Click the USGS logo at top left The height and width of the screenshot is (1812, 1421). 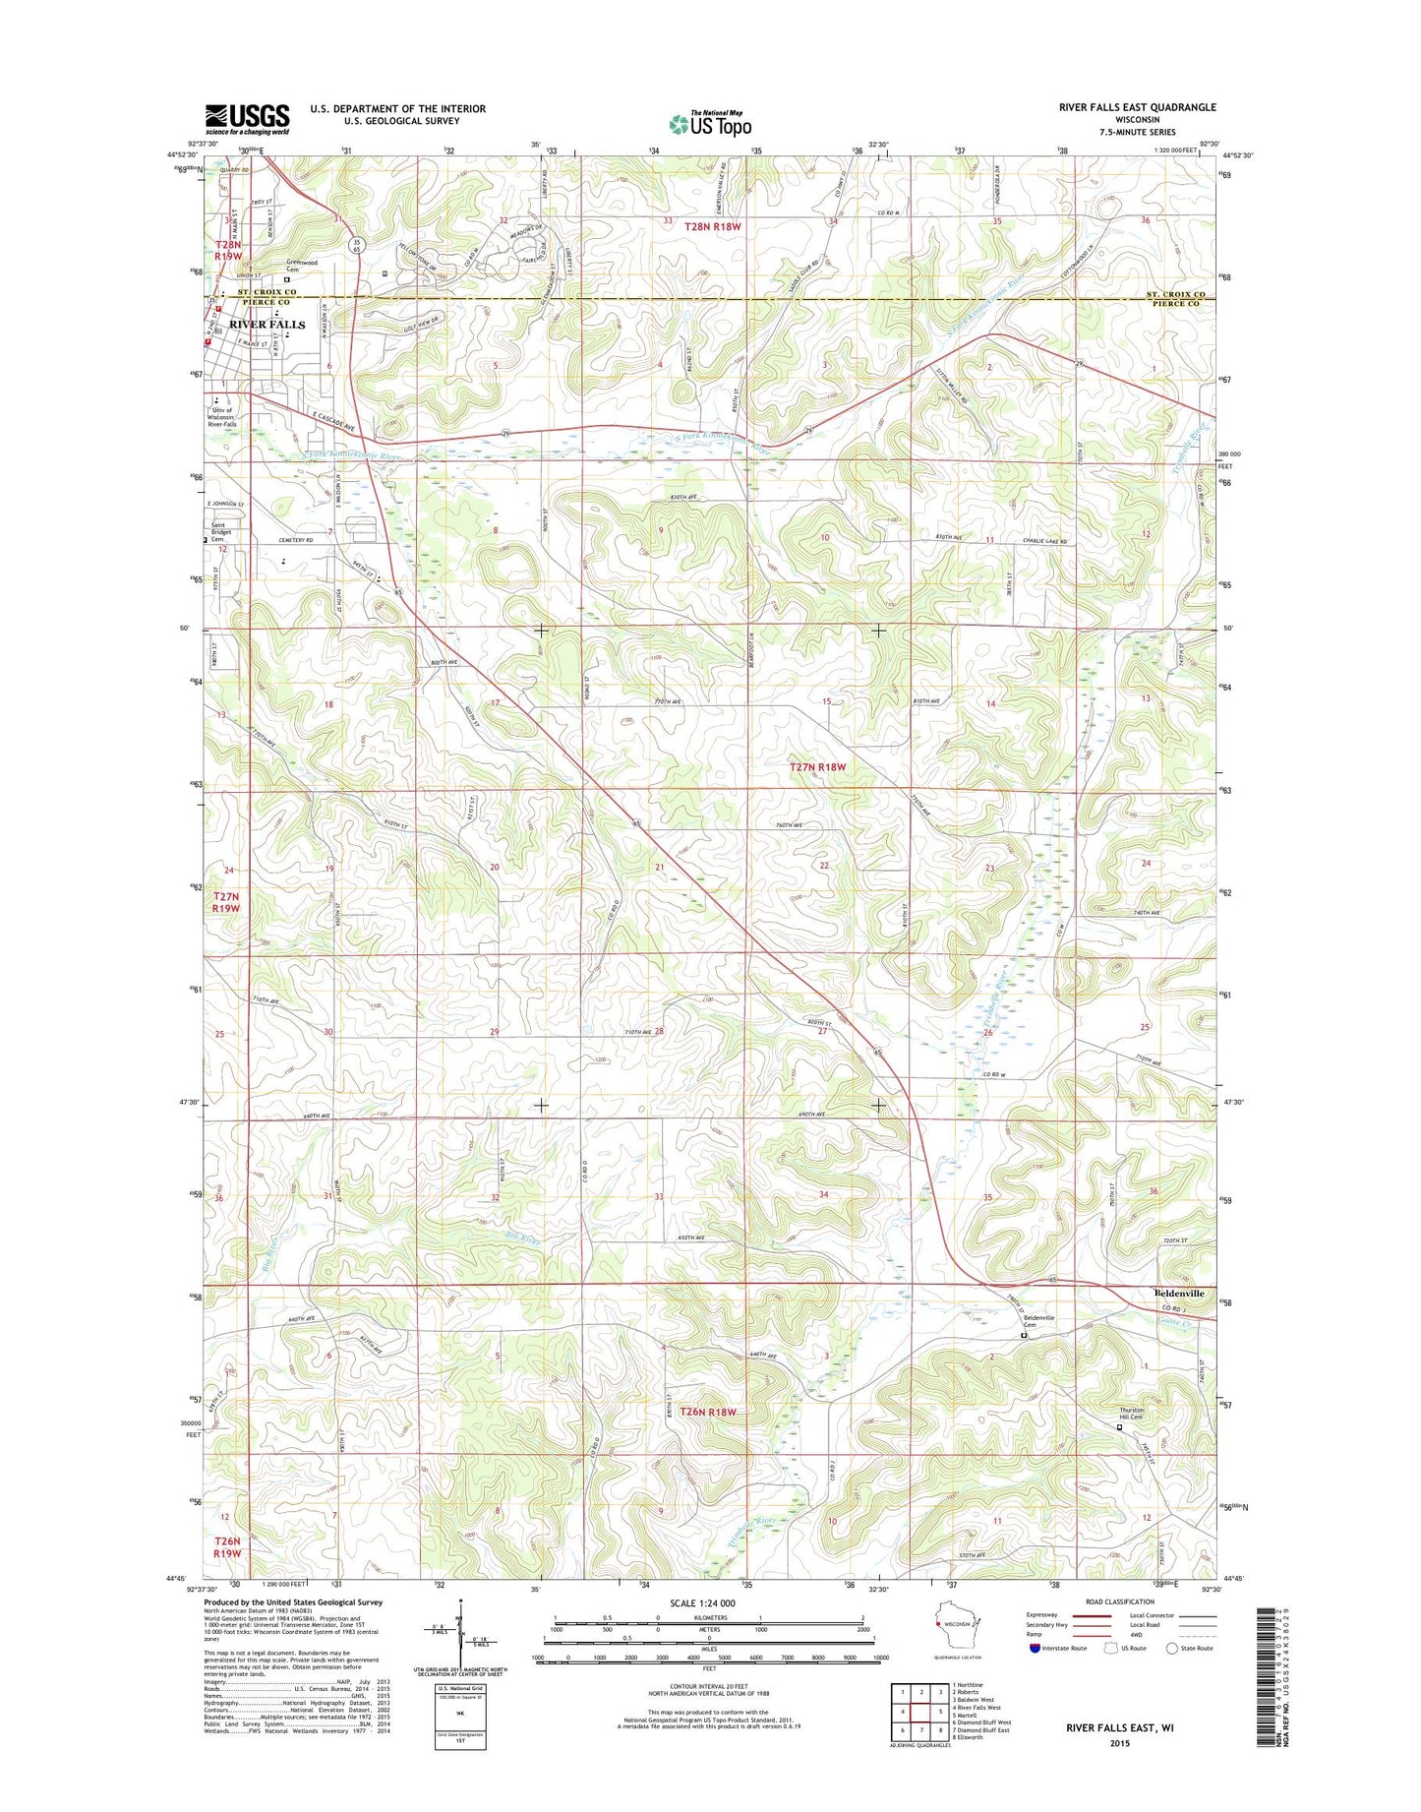[247, 119]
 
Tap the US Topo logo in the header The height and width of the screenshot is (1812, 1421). [710, 124]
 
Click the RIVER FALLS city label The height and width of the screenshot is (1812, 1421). [266, 324]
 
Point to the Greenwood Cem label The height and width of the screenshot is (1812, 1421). [302, 266]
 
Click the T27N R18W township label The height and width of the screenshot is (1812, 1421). [817, 766]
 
